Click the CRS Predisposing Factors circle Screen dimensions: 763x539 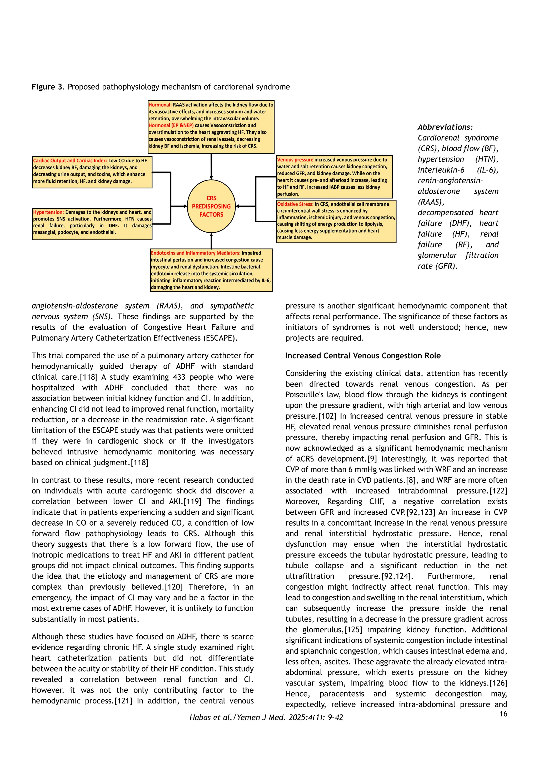pyautogui.click(x=211, y=206)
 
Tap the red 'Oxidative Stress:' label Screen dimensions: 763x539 pyautogui.click(x=295, y=204)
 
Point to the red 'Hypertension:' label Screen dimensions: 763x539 pyautogui.click(x=48, y=212)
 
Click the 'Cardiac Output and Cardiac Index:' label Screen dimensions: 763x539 pyautogui.click(x=70, y=160)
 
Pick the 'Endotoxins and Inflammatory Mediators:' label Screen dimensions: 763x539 pyautogui.click(x=196, y=253)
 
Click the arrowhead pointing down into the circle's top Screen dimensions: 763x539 pyautogui.click(x=211, y=178)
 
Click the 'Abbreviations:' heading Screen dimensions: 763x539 pyautogui.click(x=445, y=127)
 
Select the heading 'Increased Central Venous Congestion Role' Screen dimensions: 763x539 pyautogui.click(x=363, y=356)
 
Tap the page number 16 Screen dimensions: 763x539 pyautogui.click(x=503, y=713)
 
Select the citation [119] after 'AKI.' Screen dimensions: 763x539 pyautogui.click(x=193, y=501)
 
